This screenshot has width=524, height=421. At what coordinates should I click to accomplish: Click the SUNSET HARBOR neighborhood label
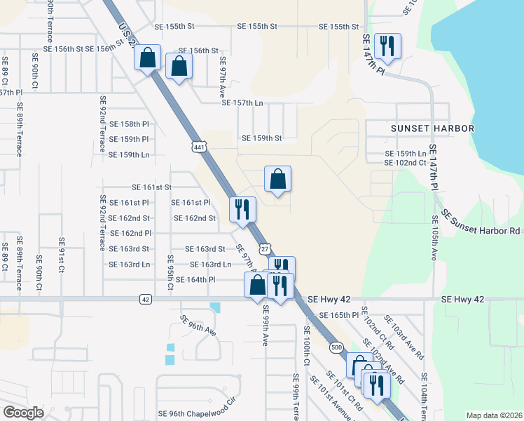click(432, 128)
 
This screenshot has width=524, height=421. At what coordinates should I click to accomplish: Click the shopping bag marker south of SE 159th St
click(278, 180)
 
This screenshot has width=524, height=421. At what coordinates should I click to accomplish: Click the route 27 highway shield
click(264, 249)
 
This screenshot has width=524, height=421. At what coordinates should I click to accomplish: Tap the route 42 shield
click(145, 300)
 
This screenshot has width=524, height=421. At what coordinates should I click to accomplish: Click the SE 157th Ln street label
click(242, 103)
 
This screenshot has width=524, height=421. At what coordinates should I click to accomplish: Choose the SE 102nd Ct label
click(405, 163)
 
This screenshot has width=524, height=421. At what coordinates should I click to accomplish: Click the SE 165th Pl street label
click(338, 316)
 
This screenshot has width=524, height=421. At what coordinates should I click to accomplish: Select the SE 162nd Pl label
click(130, 233)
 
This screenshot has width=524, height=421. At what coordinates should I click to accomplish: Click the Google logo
click(23, 413)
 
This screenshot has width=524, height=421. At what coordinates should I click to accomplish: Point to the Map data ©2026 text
click(493, 415)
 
